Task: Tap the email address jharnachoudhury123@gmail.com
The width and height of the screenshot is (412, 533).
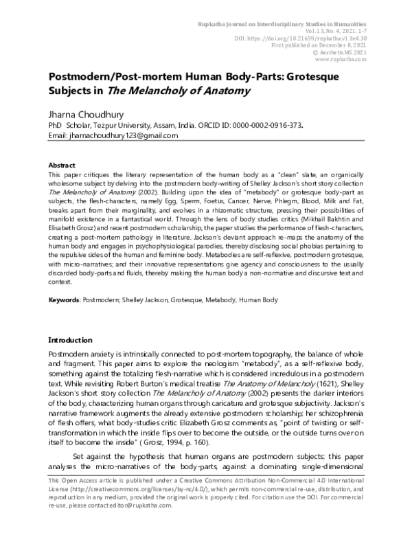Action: [113, 136]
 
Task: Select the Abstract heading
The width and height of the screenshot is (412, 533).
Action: [61, 166]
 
